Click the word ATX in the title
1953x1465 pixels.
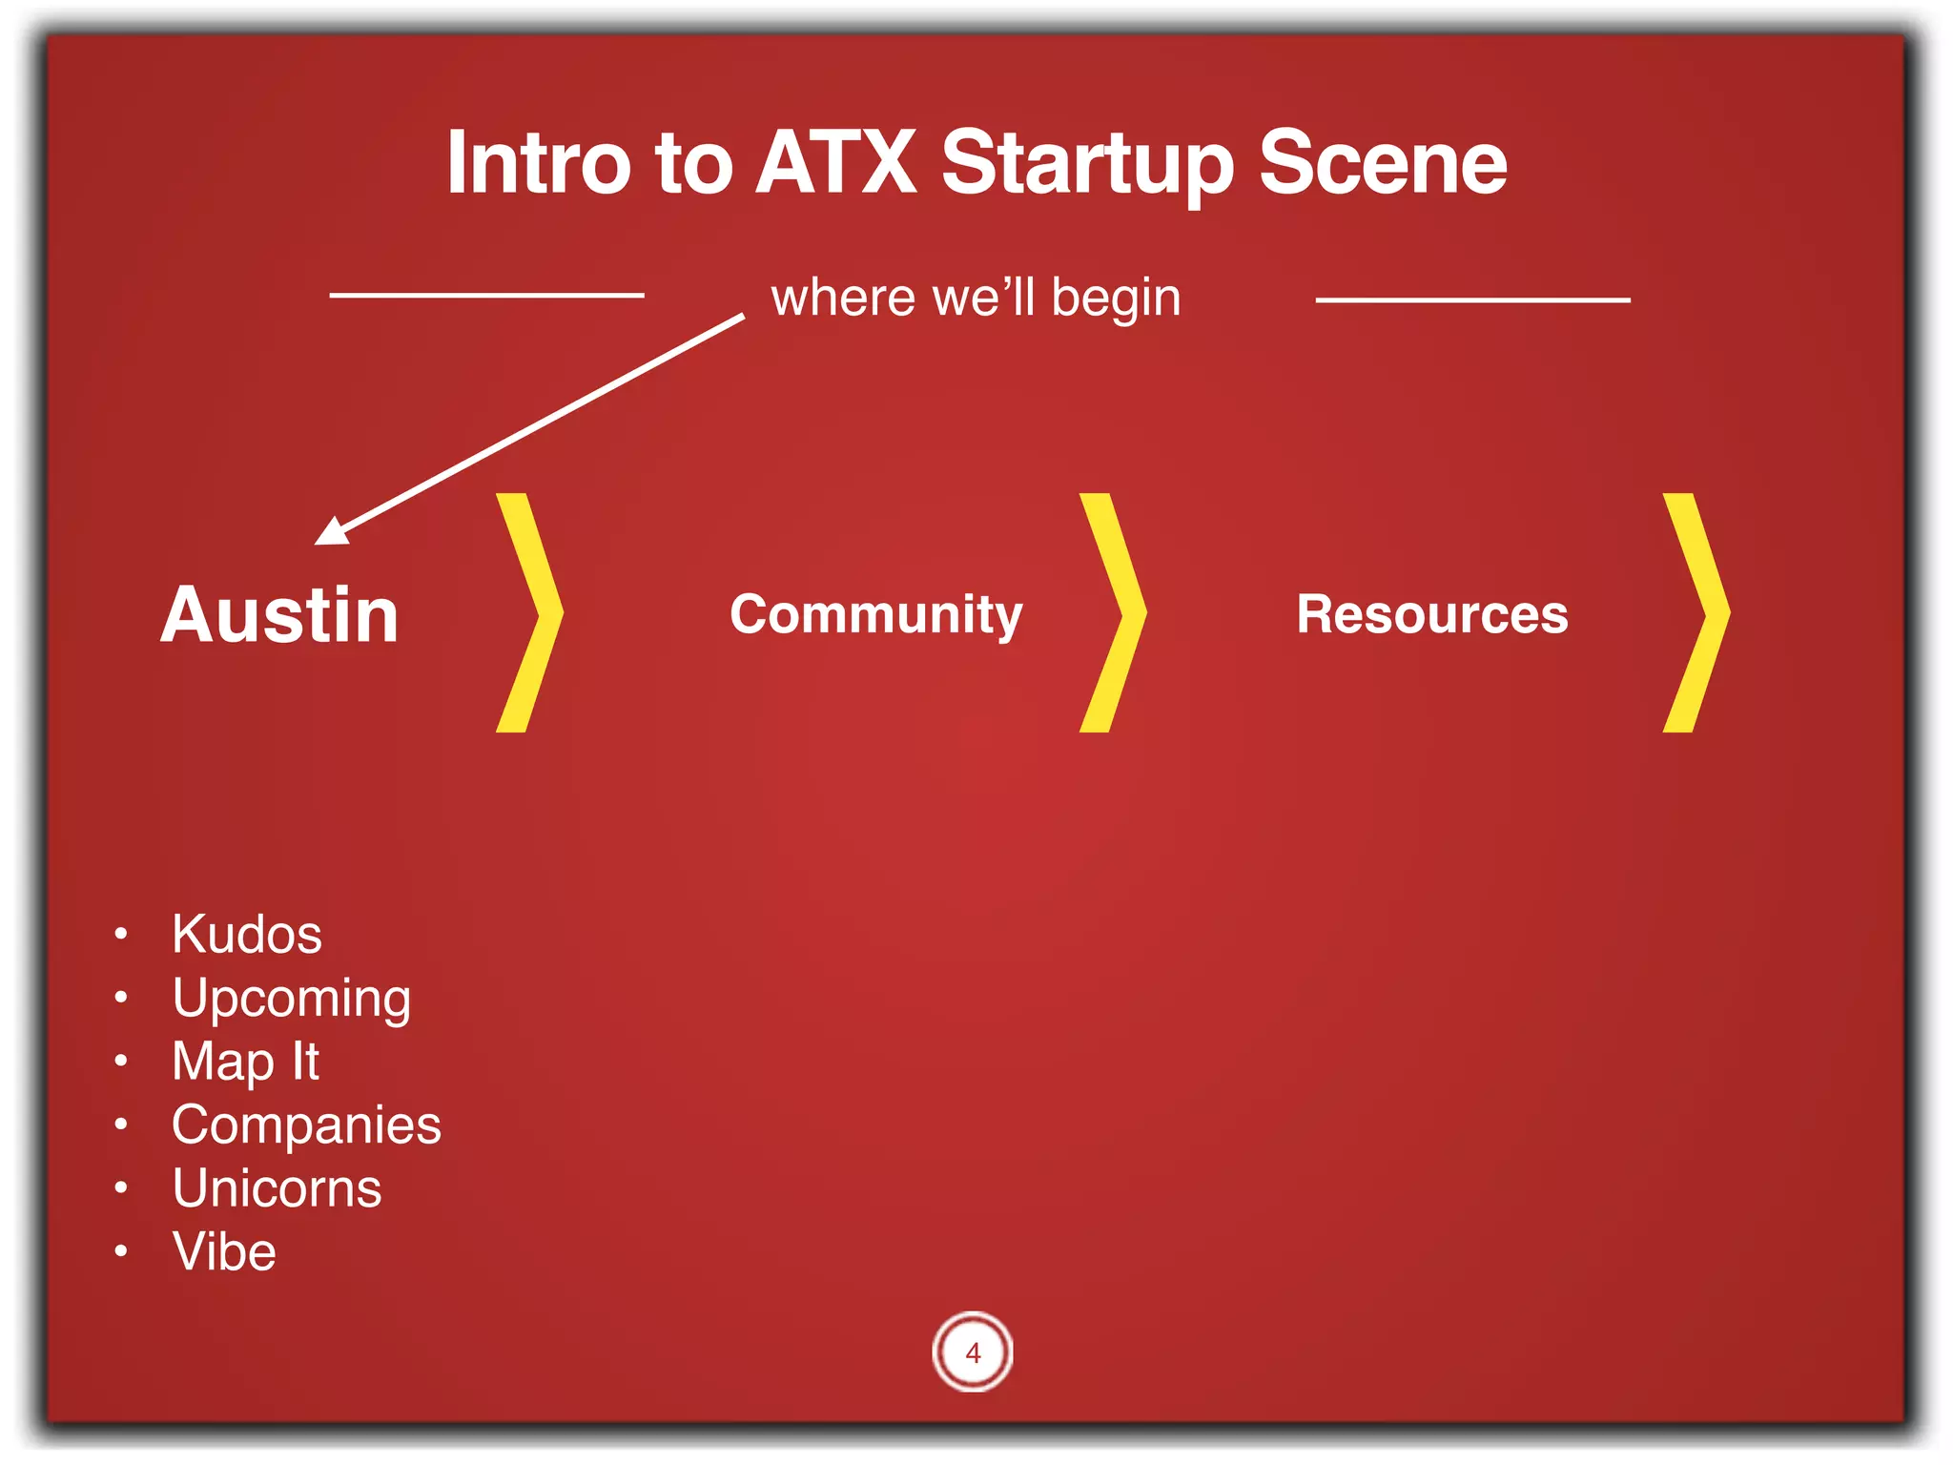tap(835, 163)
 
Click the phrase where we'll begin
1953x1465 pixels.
tap(976, 298)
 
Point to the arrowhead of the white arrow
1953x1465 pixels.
tap(332, 530)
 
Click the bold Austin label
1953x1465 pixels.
tap(279, 615)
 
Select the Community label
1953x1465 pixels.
tap(875, 613)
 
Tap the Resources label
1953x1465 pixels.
tap(1431, 613)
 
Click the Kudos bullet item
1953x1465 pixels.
tap(247, 933)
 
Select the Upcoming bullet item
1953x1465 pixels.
tap(291, 999)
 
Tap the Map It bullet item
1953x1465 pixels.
tap(245, 1061)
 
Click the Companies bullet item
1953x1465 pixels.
tap(306, 1125)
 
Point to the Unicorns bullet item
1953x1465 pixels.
tap(277, 1188)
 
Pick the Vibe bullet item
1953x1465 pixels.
tap(224, 1251)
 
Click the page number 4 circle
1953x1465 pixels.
tap(973, 1352)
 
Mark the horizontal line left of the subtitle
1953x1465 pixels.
tap(486, 296)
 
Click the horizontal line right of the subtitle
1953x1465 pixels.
tap(1472, 299)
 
